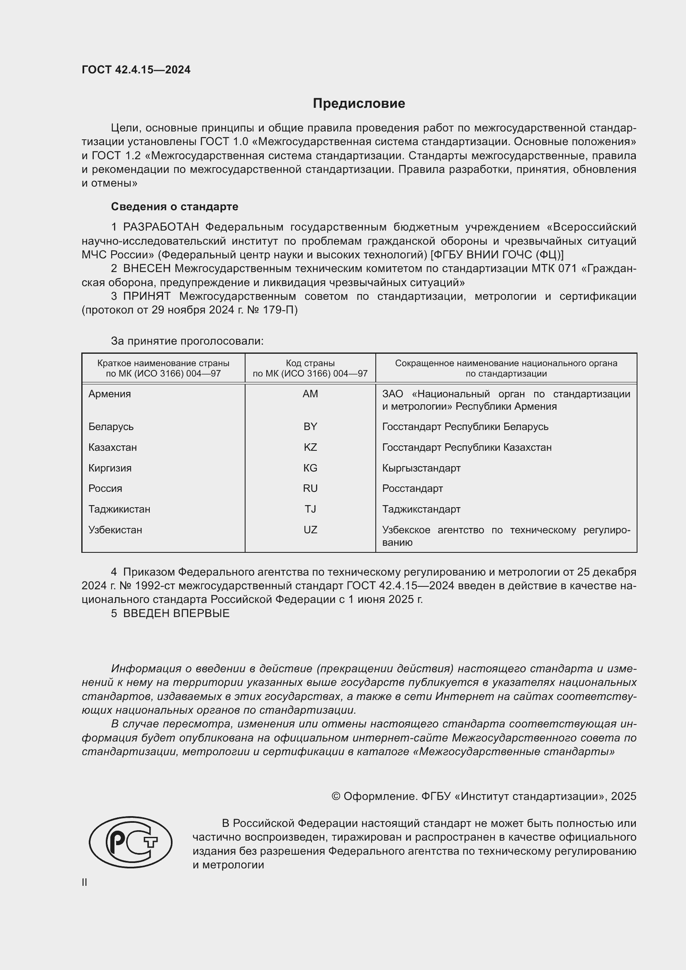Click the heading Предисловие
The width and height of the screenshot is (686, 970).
click(359, 104)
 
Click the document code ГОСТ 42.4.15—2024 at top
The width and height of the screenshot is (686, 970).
click(136, 70)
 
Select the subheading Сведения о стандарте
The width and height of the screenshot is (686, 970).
click(175, 207)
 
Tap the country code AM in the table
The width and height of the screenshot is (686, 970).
click(310, 394)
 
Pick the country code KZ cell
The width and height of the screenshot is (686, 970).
click(310, 447)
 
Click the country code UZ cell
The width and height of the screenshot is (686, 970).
click(310, 530)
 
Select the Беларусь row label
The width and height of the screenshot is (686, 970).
click(111, 427)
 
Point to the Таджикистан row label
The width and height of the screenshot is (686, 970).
click(119, 509)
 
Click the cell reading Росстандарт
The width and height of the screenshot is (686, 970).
click(413, 489)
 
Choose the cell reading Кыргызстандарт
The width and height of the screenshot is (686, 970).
click(421, 468)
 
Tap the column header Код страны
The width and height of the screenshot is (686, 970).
click(310, 363)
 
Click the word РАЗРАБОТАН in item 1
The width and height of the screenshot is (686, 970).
click(161, 227)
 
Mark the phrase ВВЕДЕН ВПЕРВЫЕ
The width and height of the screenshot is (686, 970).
click(176, 613)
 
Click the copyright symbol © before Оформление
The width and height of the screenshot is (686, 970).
click(336, 796)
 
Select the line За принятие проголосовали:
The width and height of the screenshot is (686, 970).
click(187, 341)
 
